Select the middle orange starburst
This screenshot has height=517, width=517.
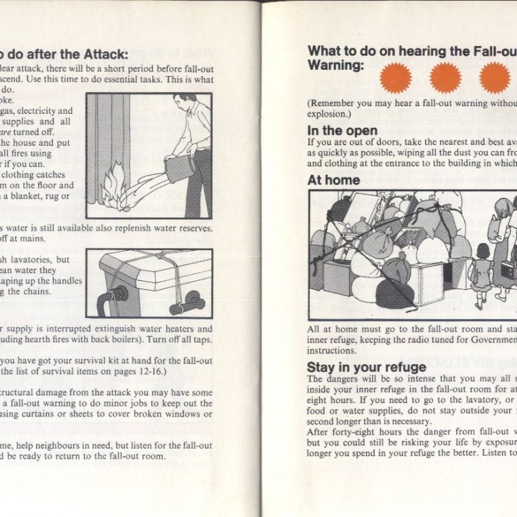[446, 77]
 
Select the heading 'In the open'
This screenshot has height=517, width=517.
[342, 131]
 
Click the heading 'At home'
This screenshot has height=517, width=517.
[334, 180]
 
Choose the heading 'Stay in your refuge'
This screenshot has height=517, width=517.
[366, 367]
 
